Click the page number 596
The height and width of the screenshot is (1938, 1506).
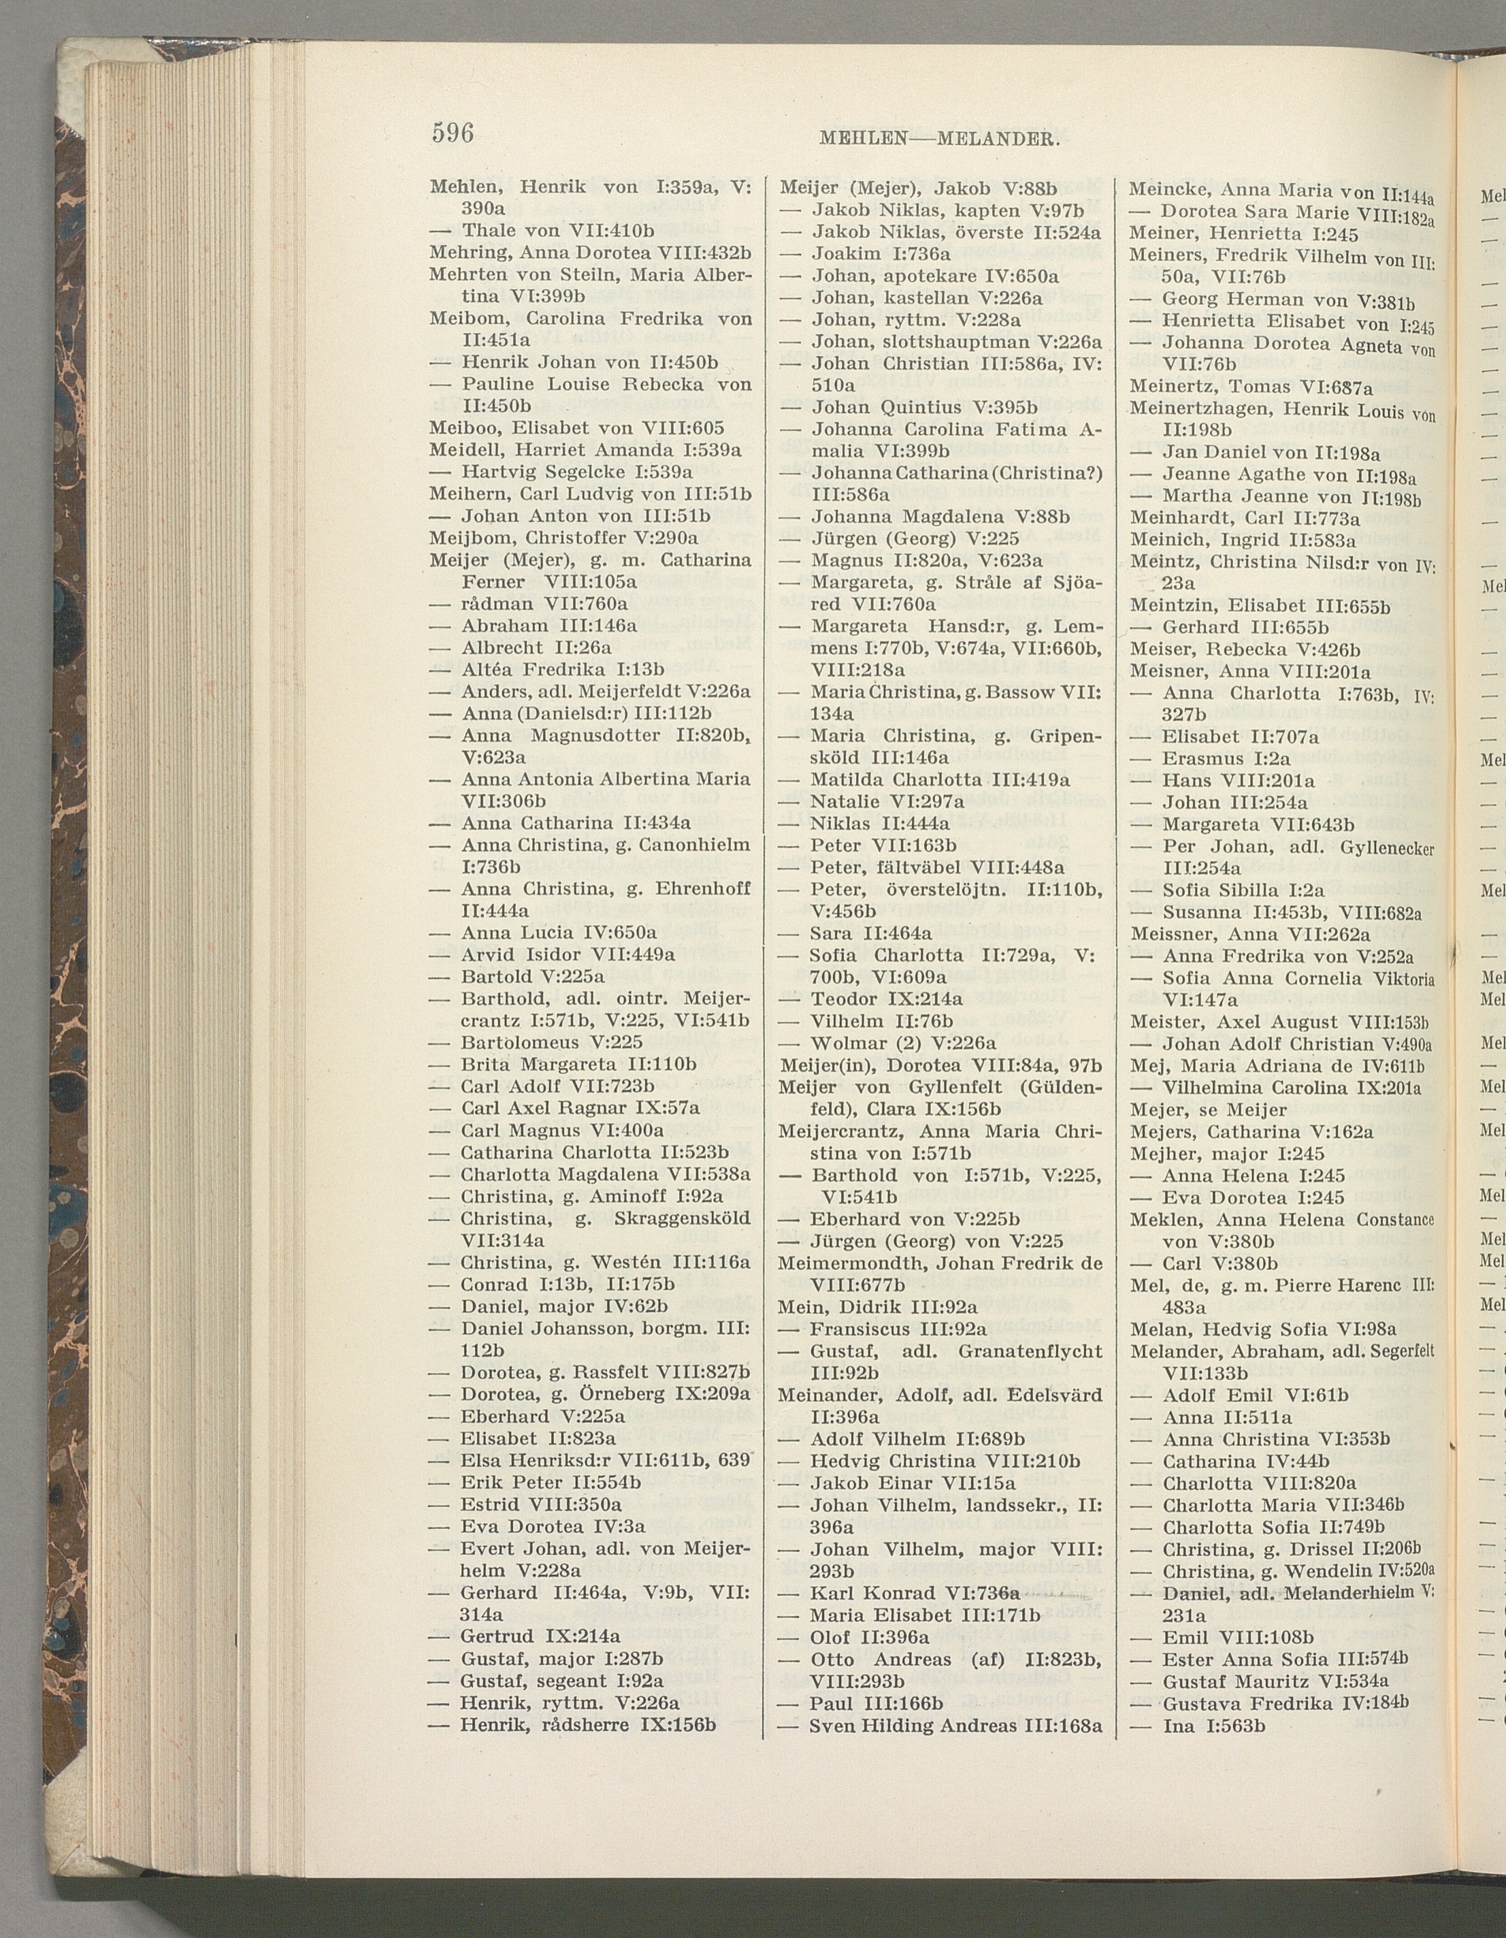(x=453, y=133)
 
